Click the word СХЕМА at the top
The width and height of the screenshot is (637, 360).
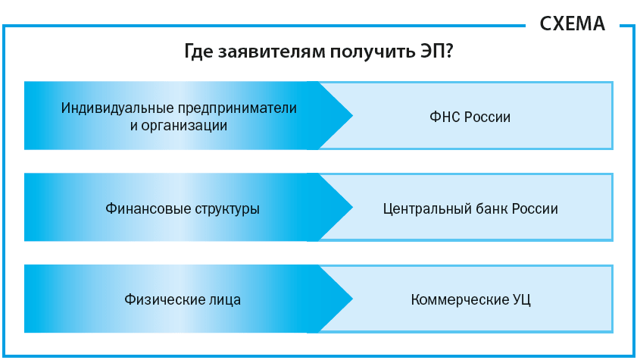pyautogui.click(x=572, y=23)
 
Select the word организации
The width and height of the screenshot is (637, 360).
pyautogui.click(x=189, y=125)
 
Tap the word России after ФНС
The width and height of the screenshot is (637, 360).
pyautogui.click(x=488, y=117)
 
